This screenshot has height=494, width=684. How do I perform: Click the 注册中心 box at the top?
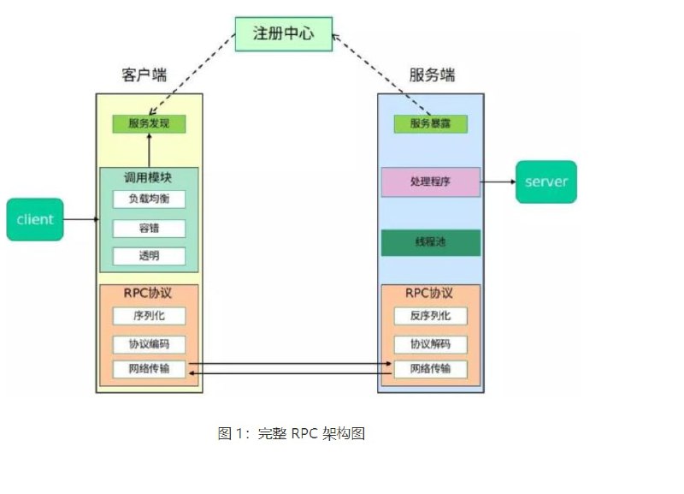[x=283, y=34]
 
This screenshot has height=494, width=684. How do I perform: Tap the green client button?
[x=35, y=219]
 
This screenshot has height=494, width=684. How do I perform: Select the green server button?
[x=545, y=182]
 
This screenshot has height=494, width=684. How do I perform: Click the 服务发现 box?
[x=149, y=123]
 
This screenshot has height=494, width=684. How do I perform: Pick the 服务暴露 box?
[x=430, y=123]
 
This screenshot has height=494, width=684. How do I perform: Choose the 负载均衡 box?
[x=149, y=199]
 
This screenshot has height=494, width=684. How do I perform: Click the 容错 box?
[x=149, y=228]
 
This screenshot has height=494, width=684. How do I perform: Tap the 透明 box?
[x=149, y=255]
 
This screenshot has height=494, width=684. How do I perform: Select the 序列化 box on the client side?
[x=149, y=315]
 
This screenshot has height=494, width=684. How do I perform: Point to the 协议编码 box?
[x=149, y=344]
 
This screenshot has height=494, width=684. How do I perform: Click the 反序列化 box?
[x=430, y=315]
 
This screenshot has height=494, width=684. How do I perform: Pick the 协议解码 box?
[x=430, y=344]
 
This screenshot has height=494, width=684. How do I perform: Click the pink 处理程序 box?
[x=430, y=182]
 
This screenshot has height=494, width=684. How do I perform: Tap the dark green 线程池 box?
[x=430, y=242]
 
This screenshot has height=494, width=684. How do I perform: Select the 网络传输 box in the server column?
[x=430, y=370]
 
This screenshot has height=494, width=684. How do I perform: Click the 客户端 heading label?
[x=144, y=75]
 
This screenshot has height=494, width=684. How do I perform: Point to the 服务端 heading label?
[x=432, y=75]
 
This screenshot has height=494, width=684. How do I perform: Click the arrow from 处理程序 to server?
[x=498, y=182]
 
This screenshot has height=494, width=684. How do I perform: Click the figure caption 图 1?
[x=292, y=433]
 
